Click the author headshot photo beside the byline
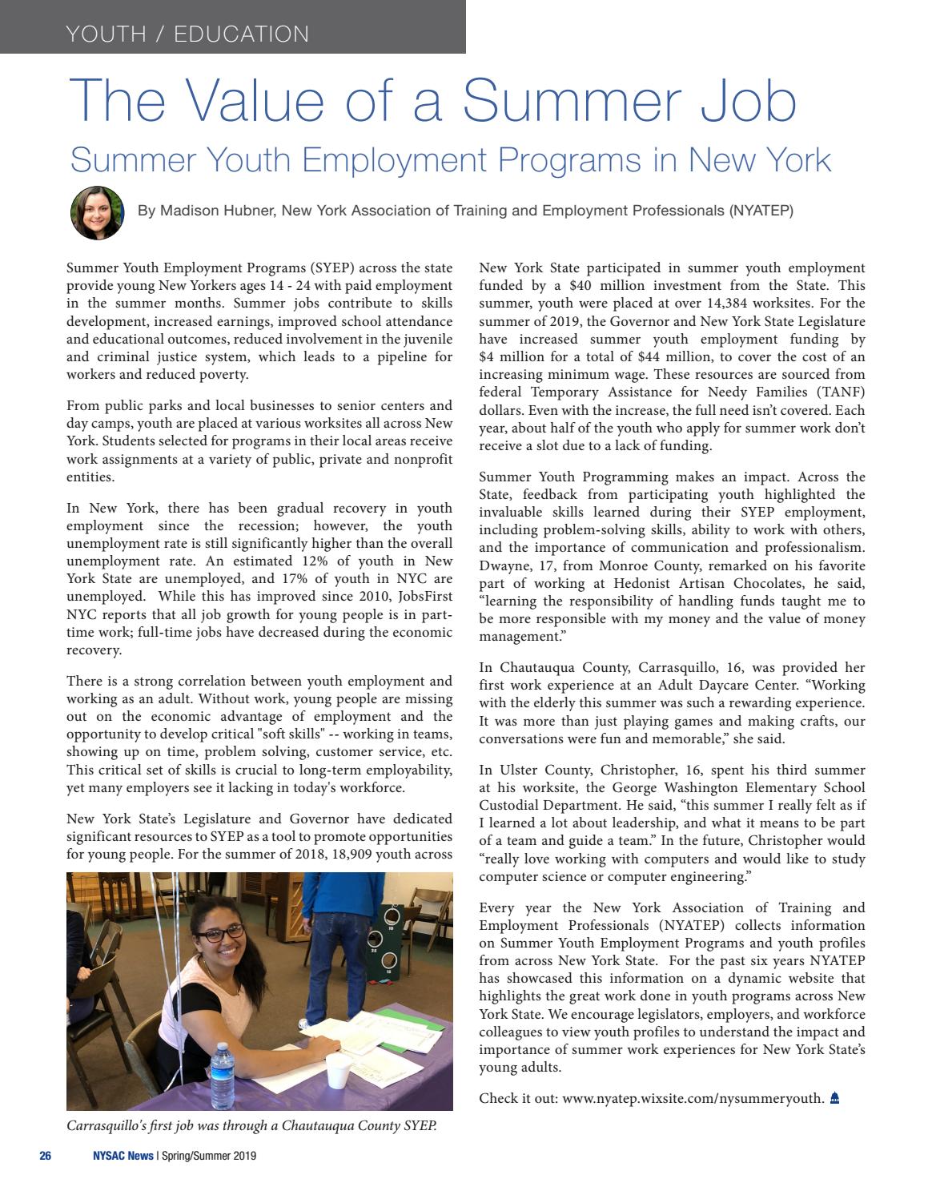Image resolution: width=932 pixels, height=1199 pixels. tap(98, 212)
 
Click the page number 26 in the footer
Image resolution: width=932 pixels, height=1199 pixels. tap(46, 1156)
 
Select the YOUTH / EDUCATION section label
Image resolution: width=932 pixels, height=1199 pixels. tap(187, 34)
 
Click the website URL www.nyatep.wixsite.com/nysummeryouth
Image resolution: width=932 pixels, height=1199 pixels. tap(693, 1098)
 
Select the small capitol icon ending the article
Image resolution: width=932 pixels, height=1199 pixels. tap(834, 1097)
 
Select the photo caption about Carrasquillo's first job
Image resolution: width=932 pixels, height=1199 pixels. tap(251, 1125)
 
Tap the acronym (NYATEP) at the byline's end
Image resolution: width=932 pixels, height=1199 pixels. tap(761, 211)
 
